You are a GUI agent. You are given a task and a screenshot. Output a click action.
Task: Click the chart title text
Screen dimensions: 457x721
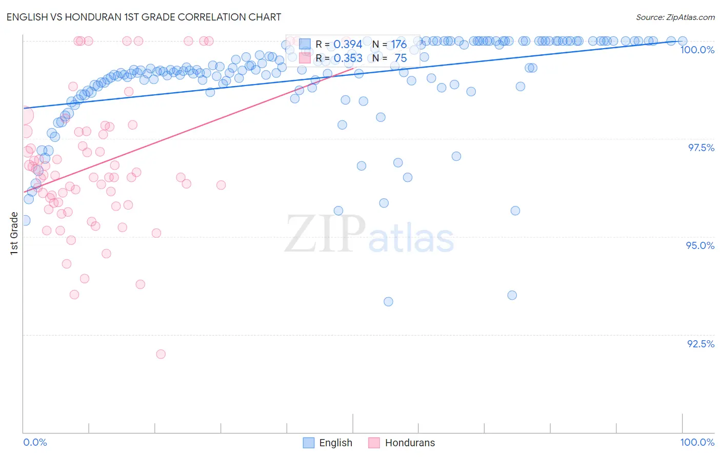tap(144, 17)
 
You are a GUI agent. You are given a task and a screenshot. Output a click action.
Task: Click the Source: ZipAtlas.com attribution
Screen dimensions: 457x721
tap(675, 17)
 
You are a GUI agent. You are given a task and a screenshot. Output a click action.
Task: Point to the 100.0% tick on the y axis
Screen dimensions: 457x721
tap(697, 50)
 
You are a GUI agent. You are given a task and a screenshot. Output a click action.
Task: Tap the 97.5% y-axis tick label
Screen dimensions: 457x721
tap(700, 148)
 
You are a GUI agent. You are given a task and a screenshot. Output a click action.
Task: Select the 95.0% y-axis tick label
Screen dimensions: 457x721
tap(700, 245)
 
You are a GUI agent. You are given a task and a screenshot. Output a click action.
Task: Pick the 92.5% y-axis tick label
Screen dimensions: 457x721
tap(700, 344)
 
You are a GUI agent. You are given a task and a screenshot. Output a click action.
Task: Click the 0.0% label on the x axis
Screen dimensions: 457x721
tap(35, 442)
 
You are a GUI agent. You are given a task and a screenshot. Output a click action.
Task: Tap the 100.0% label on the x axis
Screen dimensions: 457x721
tap(697, 442)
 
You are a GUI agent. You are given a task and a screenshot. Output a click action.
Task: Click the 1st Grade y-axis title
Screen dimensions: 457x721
tap(14, 233)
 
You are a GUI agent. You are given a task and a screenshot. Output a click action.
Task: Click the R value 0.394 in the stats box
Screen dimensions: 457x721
tap(348, 45)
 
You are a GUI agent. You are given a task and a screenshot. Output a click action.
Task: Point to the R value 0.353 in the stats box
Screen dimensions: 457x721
tap(348, 58)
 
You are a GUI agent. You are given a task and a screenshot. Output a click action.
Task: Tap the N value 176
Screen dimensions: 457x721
tap(398, 45)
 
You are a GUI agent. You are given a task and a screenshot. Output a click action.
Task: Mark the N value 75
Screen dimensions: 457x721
tap(400, 58)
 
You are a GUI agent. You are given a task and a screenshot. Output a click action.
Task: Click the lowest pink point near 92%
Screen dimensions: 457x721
tap(161, 354)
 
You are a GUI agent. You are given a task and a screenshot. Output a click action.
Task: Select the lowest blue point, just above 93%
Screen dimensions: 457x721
tap(388, 302)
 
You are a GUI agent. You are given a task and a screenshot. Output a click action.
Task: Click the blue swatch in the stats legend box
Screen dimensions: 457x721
tap(305, 45)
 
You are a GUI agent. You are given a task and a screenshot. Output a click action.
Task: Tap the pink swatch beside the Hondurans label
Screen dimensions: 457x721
tap(374, 443)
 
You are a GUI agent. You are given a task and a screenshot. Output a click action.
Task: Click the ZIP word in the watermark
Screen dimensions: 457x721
tap(325, 234)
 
